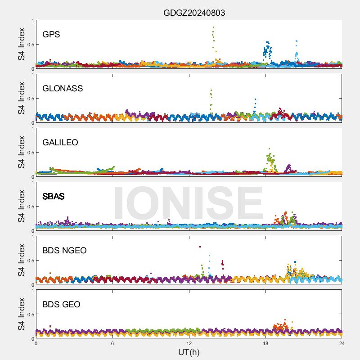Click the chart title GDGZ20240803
194,13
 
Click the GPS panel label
51,34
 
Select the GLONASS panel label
63,88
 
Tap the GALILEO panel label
60,142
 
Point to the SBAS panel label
54,196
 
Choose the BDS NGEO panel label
64,250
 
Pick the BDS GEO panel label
61,304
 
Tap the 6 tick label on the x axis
112,343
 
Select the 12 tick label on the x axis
189,343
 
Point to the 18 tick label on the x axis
265,343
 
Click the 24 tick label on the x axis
342,343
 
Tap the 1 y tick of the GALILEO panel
32,128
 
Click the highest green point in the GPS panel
213,27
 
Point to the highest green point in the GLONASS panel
211,90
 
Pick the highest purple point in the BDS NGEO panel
200,247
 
